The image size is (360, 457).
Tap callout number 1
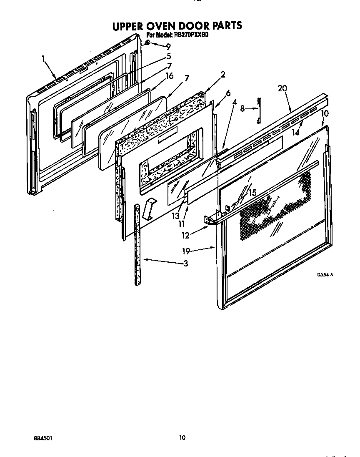click(43, 59)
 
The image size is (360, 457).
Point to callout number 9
click(168, 47)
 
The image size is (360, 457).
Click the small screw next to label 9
click(148, 43)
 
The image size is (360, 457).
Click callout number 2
click(223, 75)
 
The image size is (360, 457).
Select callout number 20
click(282, 88)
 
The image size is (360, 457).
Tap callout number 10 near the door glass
click(325, 113)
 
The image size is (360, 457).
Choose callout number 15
click(252, 193)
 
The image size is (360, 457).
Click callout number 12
click(185, 235)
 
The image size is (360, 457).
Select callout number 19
click(186, 251)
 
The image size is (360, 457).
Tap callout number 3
click(185, 263)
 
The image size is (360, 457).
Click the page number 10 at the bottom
click(182, 437)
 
